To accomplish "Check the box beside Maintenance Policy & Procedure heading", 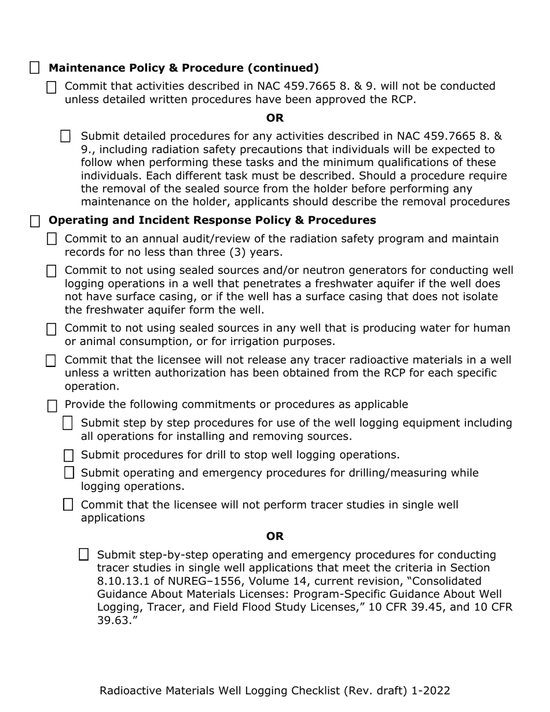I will pyautogui.click(x=35, y=68).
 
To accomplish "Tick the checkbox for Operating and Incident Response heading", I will pyautogui.click(x=35, y=221).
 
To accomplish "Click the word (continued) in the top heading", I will pyautogui.click(x=283, y=68).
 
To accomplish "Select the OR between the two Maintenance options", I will pyautogui.click(x=275, y=118).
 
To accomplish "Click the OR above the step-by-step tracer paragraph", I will pyautogui.click(x=275, y=537).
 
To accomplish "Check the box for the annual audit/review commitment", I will pyautogui.click(x=52, y=239).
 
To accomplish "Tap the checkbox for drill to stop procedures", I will pyautogui.click(x=68, y=455).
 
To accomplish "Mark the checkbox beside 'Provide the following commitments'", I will pyautogui.click(x=52, y=405).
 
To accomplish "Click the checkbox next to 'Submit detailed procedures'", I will pyautogui.click(x=66, y=137).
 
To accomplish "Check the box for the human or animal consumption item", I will pyautogui.click(x=52, y=329).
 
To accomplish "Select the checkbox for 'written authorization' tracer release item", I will pyautogui.click(x=52, y=361).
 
